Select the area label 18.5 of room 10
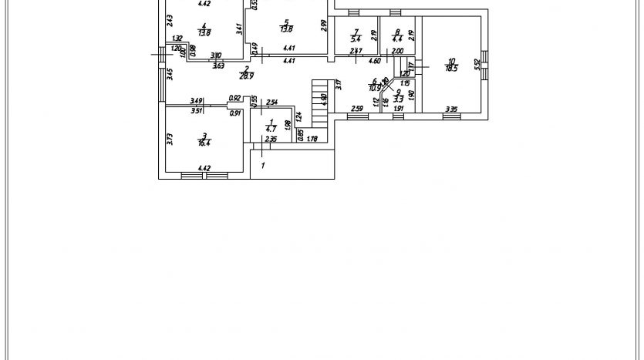(451, 68)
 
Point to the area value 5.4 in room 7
(356, 38)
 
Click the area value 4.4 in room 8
(397, 38)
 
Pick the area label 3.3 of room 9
(398, 99)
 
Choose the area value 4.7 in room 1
(271, 128)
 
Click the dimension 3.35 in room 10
(450, 109)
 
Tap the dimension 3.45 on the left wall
(170, 74)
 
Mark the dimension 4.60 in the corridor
(374, 60)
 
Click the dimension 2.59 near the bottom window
(356, 109)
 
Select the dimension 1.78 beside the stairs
(312, 139)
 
